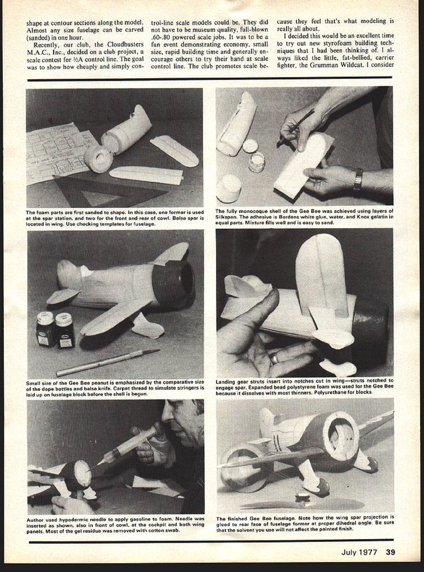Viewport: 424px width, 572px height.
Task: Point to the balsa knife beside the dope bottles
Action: [108, 362]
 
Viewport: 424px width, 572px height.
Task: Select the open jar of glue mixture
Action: [257, 161]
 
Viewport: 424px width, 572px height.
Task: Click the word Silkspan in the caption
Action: [224, 217]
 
